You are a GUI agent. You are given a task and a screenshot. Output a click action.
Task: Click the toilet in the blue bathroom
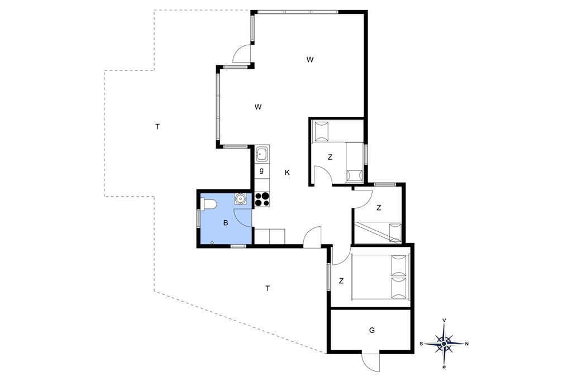tap(208, 204)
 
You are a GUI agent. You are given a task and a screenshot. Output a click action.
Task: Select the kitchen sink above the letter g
tap(261, 154)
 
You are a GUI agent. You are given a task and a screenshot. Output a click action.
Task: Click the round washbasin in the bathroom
tap(240, 198)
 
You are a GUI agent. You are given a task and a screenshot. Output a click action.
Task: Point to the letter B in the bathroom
tap(226, 222)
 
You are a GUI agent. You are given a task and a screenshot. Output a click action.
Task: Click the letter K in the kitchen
tap(287, 173)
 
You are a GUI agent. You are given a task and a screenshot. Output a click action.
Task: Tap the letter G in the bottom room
tap(371, 331)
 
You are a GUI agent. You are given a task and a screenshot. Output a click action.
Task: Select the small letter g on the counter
tap(261, 170)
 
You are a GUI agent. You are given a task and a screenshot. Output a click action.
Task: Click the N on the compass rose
tap(467, 344)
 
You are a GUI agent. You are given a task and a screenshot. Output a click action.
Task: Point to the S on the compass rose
tap(421, 344)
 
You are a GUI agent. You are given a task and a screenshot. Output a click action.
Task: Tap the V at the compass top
tap(444, 320)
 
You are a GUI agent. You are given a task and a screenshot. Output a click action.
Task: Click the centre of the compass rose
tap(444, 344)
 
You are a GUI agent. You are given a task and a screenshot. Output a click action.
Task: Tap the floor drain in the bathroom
tap(212, 242)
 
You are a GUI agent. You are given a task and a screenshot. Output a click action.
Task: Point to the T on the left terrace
tap(157, 127)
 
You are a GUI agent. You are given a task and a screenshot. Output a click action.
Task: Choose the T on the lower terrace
tap(268, 289)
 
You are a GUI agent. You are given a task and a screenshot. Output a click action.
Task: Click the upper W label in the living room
tap(309, 59)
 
